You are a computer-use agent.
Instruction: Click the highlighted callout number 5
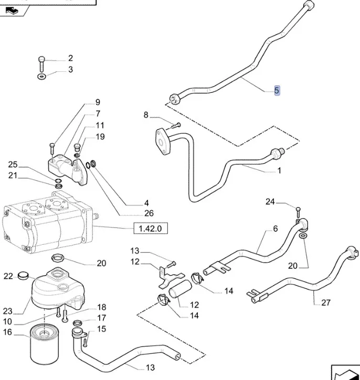pyautogui.click(x=277, y=91)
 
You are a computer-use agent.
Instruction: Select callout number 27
pyautogui.click(x=325, y=303)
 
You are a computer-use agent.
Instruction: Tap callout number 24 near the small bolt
pyautogui.click(x=270, y=201)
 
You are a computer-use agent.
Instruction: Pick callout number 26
pyautogui.click(x=149, y=213)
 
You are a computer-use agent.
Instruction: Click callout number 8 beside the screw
pyautogui.click(x=146, y=115)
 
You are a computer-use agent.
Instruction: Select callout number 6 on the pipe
pyautogui.click(x=274, y=229)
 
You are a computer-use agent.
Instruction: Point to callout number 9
pyautogui.click(x=97, y=102)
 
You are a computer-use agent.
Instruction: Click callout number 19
pyautogui.click(x=100, y=137)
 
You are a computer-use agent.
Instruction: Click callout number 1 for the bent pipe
pyautogui.click(x=279, y=170)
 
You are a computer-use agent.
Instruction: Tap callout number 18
pyautogui.click(x=101, y=308)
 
